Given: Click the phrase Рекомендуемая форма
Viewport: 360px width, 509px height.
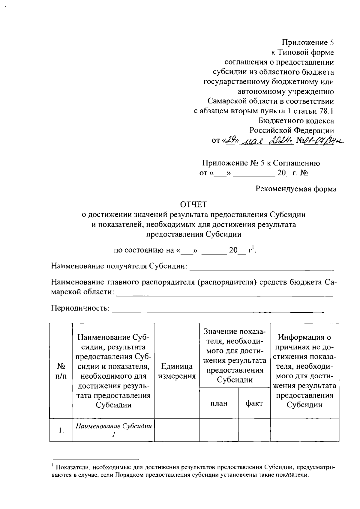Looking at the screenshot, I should point(296,189).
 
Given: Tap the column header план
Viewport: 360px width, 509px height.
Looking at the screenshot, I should point(219,403).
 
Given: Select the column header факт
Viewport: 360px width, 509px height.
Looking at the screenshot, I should point(254,403).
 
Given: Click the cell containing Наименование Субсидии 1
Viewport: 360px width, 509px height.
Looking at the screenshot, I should point(113,430).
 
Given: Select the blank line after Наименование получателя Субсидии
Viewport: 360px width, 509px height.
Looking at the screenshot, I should point(261,266).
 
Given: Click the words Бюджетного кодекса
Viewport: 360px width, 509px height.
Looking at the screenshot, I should point(296,121).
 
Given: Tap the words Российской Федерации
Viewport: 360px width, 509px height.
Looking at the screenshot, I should point(292,130).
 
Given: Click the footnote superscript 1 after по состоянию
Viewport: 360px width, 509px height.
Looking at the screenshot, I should point(253,247).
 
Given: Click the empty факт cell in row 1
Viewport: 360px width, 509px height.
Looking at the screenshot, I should point(254,430).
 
